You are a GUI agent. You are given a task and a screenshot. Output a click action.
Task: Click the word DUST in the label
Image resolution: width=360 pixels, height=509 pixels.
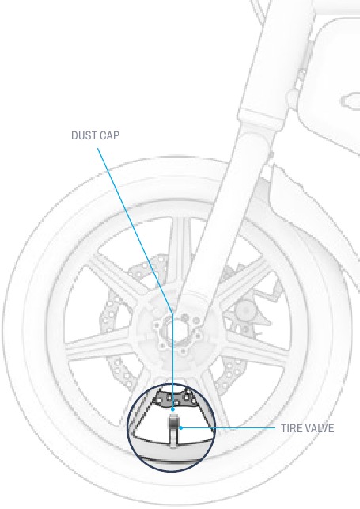coord(85,135)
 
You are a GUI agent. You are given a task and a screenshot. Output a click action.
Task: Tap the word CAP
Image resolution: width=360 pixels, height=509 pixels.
coord(110,135)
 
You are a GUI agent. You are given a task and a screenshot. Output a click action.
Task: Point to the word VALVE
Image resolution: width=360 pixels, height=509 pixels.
coord(320,428)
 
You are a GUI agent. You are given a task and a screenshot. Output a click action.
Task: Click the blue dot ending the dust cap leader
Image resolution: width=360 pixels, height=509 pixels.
coord(172,409)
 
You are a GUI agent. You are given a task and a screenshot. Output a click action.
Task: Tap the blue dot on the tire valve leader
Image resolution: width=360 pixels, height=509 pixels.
coord(181,427)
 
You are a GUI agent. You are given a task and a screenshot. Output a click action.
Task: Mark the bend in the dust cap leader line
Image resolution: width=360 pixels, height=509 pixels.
coord(172,314)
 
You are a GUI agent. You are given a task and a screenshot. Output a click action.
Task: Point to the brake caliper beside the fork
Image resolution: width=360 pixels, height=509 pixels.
coord(247,312)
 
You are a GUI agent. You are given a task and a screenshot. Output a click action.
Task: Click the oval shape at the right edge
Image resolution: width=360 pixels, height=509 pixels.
coord(351,100)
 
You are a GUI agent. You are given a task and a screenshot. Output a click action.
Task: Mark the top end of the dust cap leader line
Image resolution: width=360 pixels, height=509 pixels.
coord(97,148)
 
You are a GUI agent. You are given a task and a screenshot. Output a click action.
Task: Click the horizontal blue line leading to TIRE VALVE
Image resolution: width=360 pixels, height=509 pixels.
coord(229,428)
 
